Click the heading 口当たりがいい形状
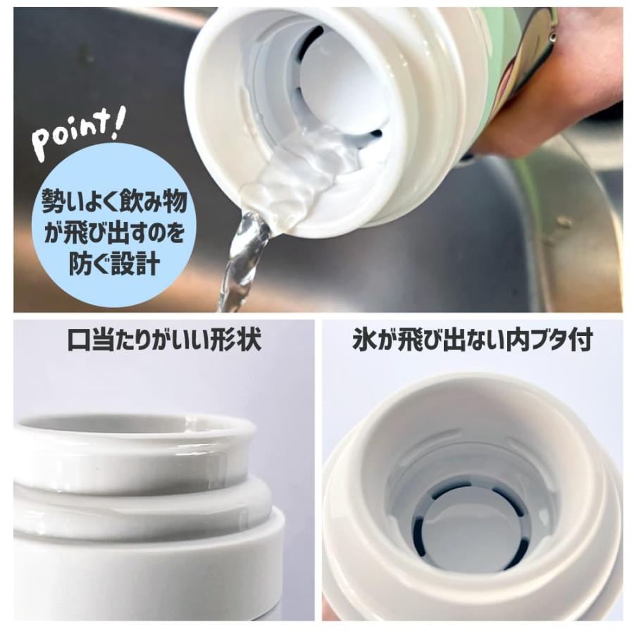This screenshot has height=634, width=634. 163,340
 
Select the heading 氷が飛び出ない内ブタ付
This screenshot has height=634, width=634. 471,340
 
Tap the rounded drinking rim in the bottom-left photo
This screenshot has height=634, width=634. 134,430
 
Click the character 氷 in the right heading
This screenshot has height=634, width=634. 363,340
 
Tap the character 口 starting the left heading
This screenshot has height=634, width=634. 77,340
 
